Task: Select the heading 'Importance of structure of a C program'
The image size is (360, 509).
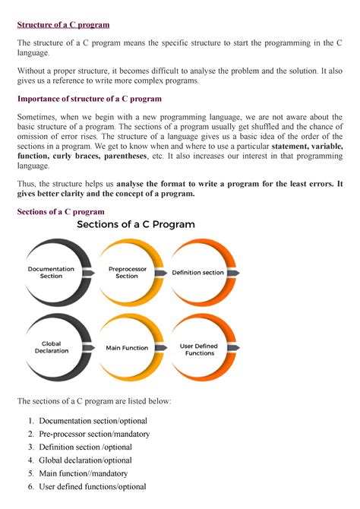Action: tap(91, 98)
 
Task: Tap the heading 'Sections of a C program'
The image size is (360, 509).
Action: tap(61, 211)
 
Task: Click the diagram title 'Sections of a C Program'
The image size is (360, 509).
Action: tap(135, 225)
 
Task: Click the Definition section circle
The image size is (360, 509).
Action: tap(198, 272)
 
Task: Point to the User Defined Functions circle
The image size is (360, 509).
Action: tap(199, 349)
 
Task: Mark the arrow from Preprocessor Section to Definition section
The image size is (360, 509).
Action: tap(162, 272)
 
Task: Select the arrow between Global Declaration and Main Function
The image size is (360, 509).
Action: tap(89, 348)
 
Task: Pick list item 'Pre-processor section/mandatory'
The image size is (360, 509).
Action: tap(94, 434)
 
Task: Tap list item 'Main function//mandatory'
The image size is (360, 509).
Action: tap(84, 473)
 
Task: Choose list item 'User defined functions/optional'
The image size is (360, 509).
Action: tap(93, 487)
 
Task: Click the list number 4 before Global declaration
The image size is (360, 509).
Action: tap(30, 460)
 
